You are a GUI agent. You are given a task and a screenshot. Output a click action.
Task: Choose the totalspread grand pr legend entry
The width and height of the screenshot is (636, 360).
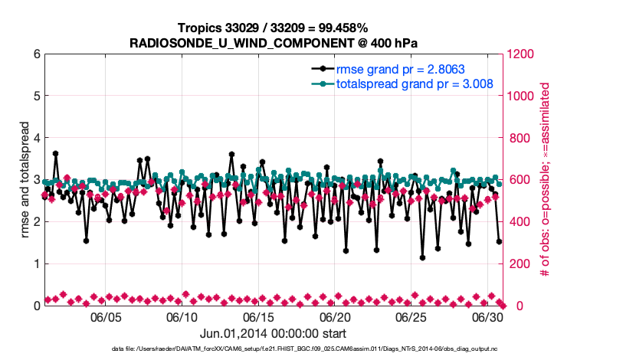(414, 83)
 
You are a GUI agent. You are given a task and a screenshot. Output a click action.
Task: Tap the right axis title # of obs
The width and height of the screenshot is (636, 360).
(546, 180)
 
